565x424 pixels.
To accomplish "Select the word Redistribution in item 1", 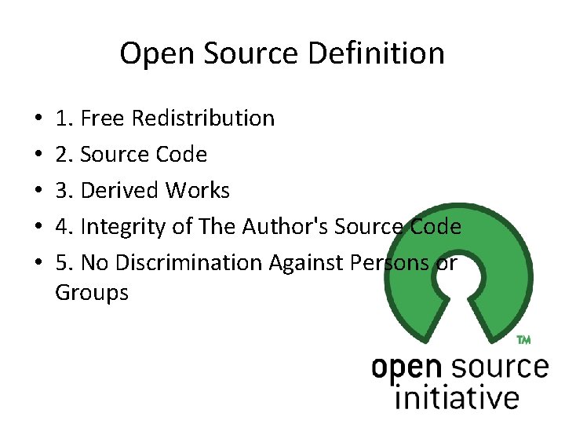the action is coord(203,119).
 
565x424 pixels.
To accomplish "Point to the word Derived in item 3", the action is coord(120,191).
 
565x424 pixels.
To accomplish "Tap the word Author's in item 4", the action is coord(286,227).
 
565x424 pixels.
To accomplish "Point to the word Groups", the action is coord(92,293).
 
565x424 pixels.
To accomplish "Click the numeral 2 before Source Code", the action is coord(62,155).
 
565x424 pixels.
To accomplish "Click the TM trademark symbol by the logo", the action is coord(523,340).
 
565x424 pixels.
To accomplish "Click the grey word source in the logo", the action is coord(500,367).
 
